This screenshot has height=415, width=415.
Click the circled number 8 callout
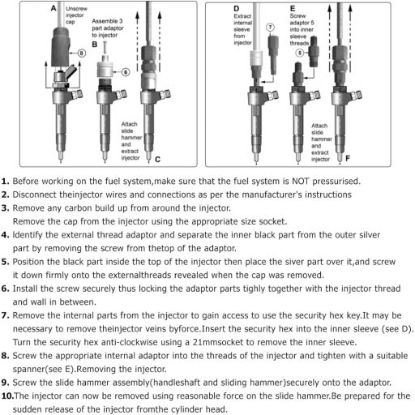coord(82,53)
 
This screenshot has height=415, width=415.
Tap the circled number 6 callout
coord(126,72)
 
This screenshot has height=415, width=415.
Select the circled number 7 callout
coord(270,28)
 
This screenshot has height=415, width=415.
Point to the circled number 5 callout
coord(300,53)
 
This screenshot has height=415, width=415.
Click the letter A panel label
coord(53,8)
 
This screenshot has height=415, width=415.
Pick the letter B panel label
coord(95,45)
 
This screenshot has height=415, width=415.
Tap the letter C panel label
coord(158,160)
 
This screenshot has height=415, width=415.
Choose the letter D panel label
coord(237,9)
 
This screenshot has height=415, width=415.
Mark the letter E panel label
coord(293,9)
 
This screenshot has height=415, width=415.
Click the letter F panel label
coord(348,158)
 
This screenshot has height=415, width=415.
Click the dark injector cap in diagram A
coord(61,46)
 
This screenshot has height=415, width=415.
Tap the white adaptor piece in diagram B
coord(105,66)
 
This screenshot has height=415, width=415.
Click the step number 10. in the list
coord(7,396)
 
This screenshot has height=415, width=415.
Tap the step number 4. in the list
coord(6,235)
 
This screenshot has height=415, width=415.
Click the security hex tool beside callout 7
coord(273,54)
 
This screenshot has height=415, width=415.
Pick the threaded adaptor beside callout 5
coord(314,51)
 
